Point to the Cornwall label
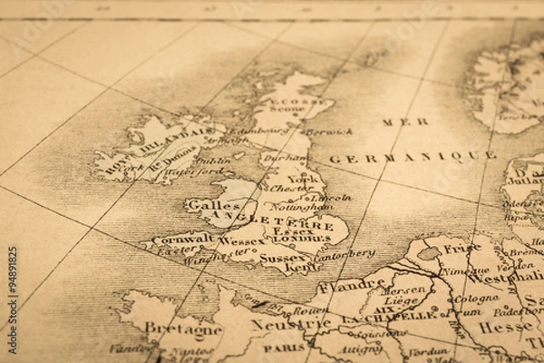[182, 240]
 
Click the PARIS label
[285, 346]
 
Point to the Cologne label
[475, 299]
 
